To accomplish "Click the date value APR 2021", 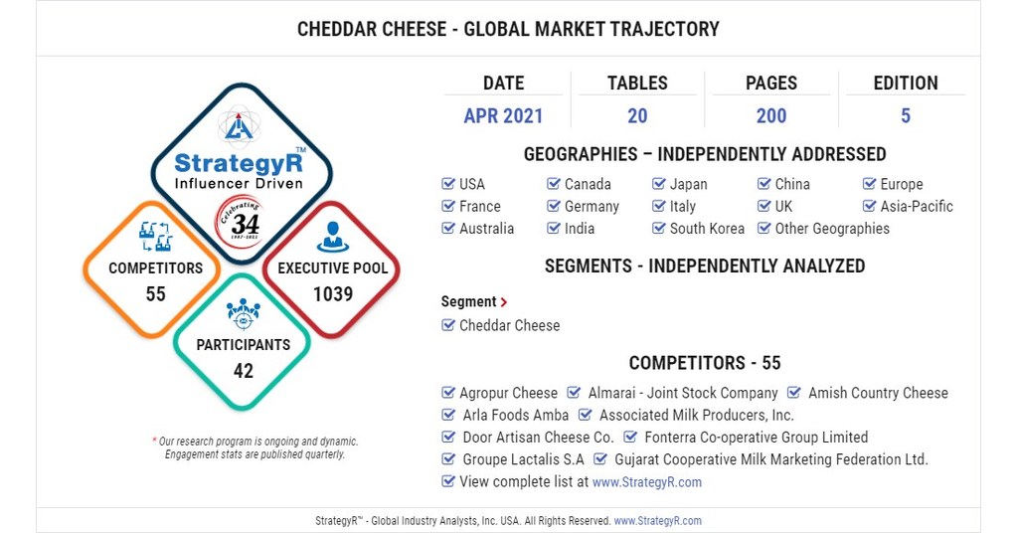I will click(503, 116).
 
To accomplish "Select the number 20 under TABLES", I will click(637, 116).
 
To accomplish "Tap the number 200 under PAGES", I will click(771, 116).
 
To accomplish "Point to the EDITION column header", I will click(905, 84).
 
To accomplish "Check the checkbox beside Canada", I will click(554, 184).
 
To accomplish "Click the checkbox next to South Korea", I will click(659, 229).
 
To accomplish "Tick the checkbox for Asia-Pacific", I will click(870, 207).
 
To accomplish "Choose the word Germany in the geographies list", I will click(592, 207).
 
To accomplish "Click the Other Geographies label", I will click(832, 229).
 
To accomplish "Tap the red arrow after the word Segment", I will click(504, 302).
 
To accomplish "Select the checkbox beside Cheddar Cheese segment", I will click(448, 326).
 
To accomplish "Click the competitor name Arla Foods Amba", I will click(516, 416).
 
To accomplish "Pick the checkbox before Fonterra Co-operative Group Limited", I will click(630, 438).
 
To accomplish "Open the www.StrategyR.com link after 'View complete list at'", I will click(646, 482).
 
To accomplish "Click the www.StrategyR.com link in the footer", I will click(657, 521).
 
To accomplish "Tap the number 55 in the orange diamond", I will click(155, 294).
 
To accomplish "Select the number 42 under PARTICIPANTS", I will click(244, 371).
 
